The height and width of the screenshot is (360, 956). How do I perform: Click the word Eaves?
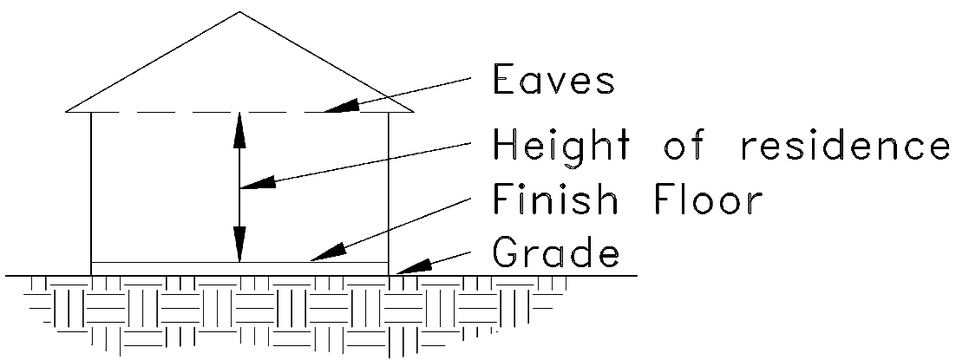tap(553, 81)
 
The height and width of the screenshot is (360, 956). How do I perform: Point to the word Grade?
tap(556, 254)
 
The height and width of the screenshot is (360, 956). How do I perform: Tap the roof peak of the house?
tap(239, 12)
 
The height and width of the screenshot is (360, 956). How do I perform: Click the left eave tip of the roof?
tap(67, 111)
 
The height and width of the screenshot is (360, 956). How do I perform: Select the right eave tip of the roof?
tap(413, 111)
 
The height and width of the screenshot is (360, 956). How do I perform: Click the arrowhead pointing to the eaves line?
tap(340, 107)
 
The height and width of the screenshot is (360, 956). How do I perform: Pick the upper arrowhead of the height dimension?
tap(240, 126)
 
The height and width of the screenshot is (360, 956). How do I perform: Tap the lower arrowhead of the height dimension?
tap(240, 248)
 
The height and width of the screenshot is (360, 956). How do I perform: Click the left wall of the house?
tap(91, 191)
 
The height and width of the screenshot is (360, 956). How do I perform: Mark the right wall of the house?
tap(388, 191)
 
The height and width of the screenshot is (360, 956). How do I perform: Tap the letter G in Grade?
tap(504, 254)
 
